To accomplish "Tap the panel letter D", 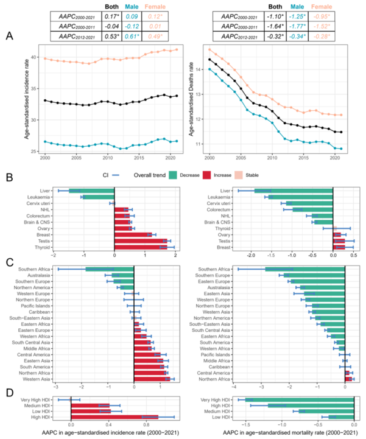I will [x=9, y=395].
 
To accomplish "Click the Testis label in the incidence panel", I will [x=43, y=241].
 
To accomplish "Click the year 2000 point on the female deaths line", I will [x=209, y=49].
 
